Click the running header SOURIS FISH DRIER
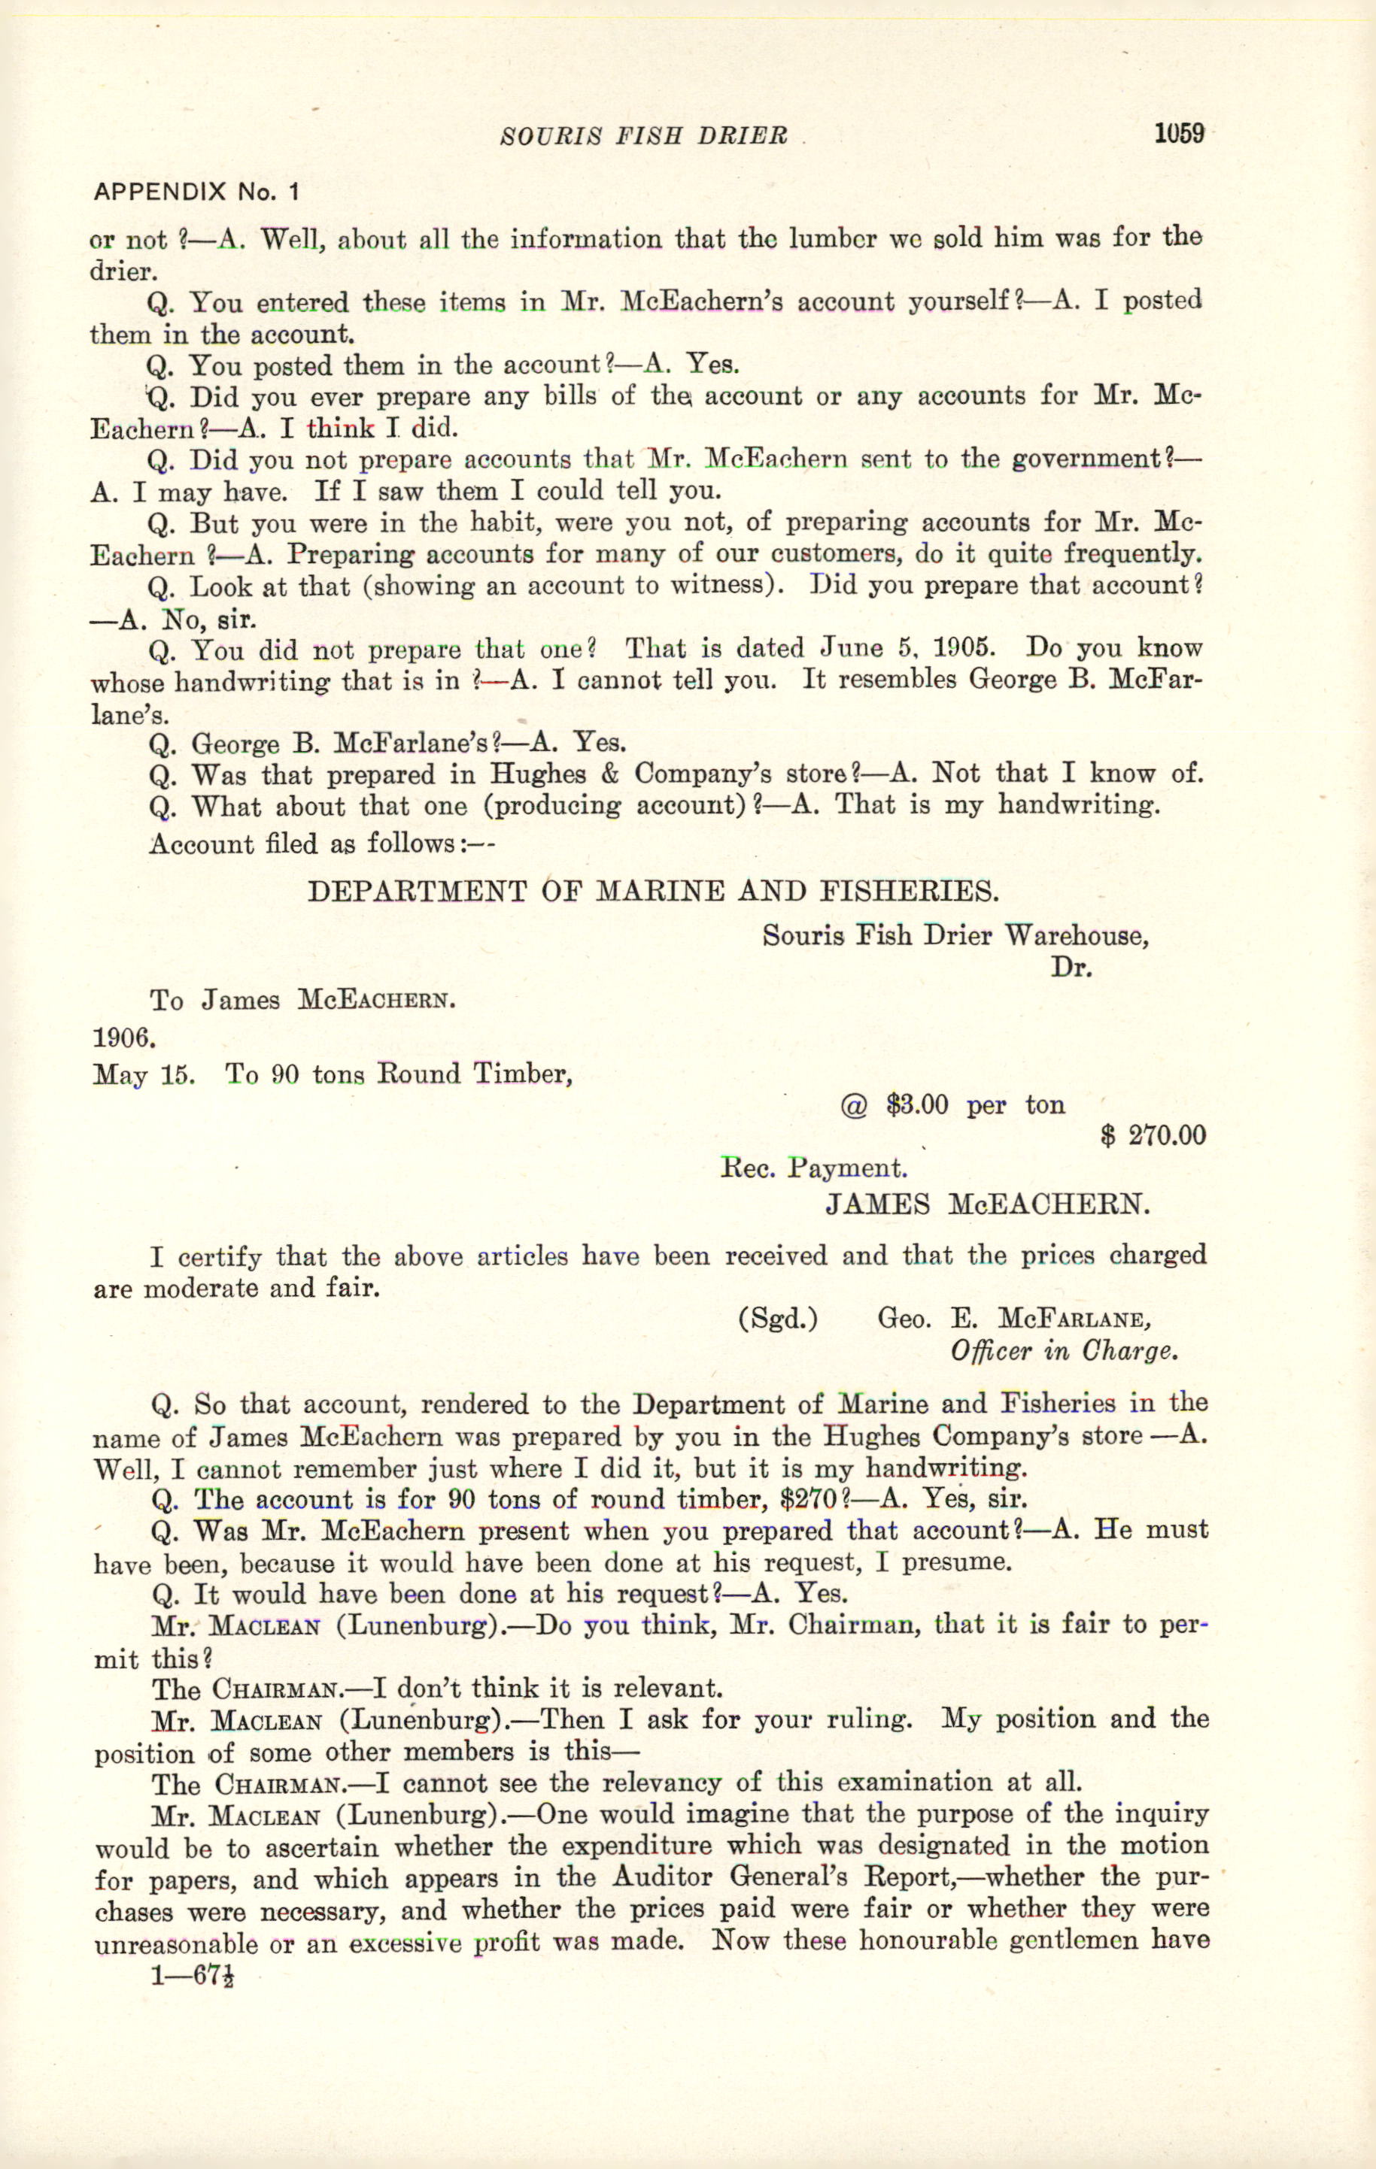tap(643, 136)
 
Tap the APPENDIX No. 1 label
tap(196, 192)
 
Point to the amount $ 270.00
tap(1153, 1135)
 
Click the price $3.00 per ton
tap(952, 1105)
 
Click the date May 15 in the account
tap(144, 1074)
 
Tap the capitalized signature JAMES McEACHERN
tap(988, 1205)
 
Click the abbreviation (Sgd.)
tap(778, 1319)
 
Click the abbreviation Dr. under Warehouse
tap(1071, 968)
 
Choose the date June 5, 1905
tap(919, 649)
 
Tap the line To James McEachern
tap(302, 1001)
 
